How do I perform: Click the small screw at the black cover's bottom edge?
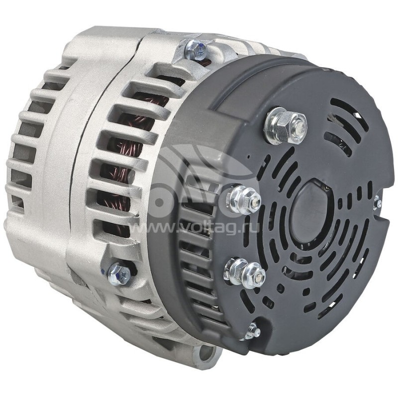point(253,330)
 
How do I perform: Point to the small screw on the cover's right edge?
point(378,202)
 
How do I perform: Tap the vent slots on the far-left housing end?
point(22,149)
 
